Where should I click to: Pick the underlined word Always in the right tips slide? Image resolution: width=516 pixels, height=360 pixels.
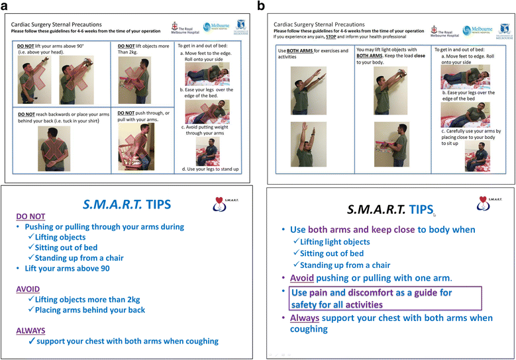(x=309, y=318)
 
